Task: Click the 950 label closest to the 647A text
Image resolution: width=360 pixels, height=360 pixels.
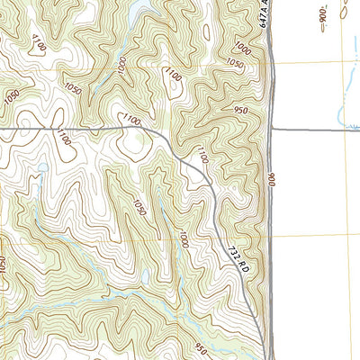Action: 240,111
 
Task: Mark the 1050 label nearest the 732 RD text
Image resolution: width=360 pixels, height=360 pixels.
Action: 138,207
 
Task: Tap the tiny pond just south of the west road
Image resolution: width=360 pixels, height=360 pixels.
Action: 41,167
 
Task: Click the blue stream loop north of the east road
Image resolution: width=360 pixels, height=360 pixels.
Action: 339,112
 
